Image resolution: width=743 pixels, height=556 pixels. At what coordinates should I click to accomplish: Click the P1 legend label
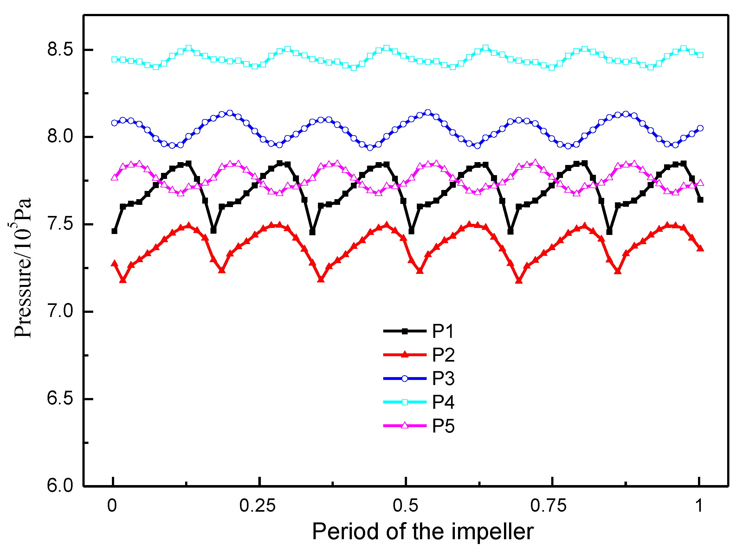pyautogui.click(x=443, y=332)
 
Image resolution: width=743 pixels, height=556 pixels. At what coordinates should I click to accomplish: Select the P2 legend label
pyautogui.click(x=443, y=355)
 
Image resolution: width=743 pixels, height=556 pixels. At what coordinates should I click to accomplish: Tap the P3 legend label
pyautogui.click(x=443, y=378)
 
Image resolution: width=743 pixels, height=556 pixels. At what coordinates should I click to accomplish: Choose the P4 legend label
pyautogui.click(x=443, y=402)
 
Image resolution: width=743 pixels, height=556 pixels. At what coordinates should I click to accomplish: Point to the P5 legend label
pyautogui.click(x=443, y=426)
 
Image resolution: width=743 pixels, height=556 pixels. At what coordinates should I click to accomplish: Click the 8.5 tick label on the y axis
pyautogui.click(x=60, y=50)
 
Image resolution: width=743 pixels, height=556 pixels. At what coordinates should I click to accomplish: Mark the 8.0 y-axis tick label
pyautogui.click(x=60, y=137)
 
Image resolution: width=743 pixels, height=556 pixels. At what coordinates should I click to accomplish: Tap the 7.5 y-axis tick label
pyautogui.click(x=60, y=224)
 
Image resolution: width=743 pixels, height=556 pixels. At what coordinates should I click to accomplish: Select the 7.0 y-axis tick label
pyautogui.click(x=60, y=311)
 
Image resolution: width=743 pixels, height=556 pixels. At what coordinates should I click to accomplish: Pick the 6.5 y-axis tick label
pyautogui.click(x=60, y=399)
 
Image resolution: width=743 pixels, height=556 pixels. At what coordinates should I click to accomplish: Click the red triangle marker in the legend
pyautogui.click(x=405, y=354)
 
